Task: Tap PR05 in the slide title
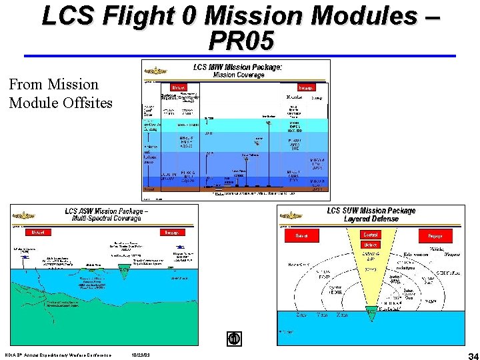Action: click(241, 41)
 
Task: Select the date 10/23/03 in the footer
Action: click(141, 354)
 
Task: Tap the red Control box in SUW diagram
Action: click(371, 235)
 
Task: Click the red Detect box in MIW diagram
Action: click(179, 87)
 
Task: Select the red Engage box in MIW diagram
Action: click(306, 87)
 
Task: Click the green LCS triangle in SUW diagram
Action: click(371, 309)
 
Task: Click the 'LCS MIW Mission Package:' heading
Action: click(238, 67)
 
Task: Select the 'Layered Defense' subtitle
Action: click(371, 219)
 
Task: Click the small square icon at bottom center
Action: click(234, 339)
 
